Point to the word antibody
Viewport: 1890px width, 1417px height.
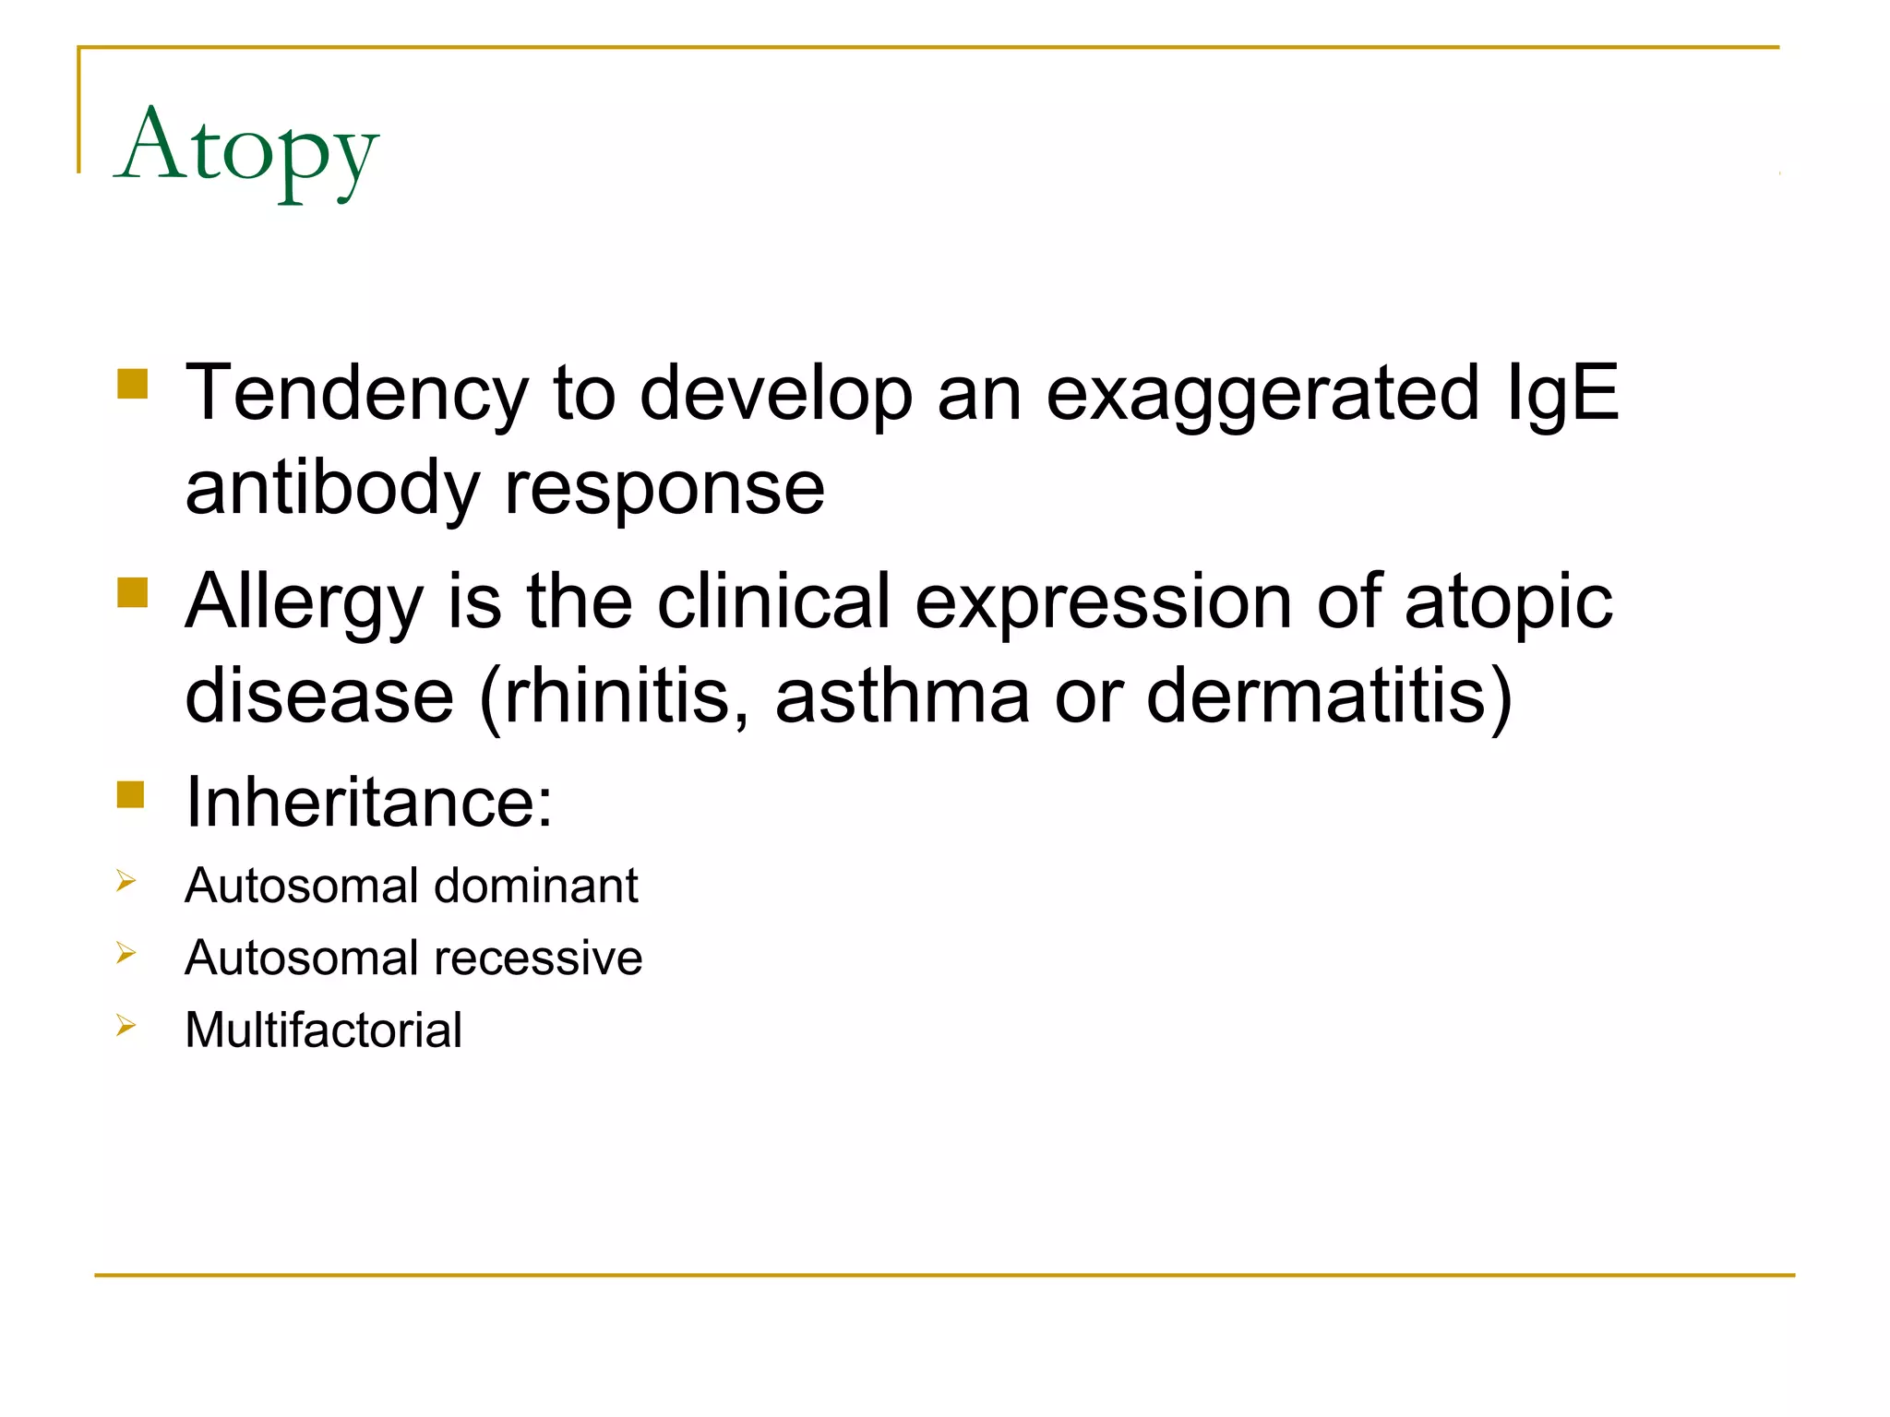[332, 490]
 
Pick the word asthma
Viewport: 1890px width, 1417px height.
[902, 697]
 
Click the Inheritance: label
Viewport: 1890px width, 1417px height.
[369, 802]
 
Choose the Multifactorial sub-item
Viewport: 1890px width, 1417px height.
[323, 1030]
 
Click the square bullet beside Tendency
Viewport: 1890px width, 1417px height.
[133, 384]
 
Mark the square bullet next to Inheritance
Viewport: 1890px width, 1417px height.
[131, 794]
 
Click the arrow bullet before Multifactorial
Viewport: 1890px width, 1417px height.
[126, 1025]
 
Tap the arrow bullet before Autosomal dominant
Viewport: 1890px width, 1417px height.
[126, 881]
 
